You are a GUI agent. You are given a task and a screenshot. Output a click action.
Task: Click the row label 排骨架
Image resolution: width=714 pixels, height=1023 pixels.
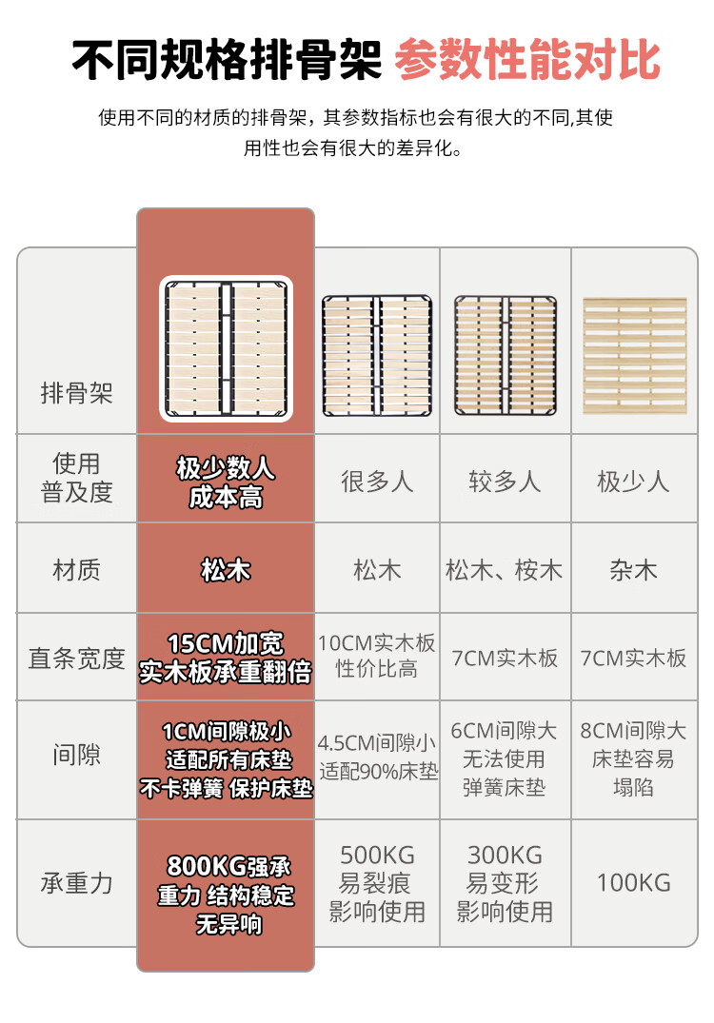76,393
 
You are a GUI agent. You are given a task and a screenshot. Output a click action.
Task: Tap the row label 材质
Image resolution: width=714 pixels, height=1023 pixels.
76,570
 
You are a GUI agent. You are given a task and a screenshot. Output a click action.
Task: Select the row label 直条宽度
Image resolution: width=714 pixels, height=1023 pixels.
76,659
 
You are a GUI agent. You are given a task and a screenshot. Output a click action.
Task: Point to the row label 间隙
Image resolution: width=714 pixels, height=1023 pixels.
76,755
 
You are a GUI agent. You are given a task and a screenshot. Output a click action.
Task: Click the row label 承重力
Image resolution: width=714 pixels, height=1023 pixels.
76,883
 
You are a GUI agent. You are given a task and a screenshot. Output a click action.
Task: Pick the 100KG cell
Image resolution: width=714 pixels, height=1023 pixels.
634,883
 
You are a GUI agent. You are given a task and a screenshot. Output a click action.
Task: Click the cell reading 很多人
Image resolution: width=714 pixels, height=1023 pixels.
377,482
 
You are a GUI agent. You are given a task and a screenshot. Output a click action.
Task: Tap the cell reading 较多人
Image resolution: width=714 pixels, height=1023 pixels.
505,482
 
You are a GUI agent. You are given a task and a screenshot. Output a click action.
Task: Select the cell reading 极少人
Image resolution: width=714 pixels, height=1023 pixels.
633,482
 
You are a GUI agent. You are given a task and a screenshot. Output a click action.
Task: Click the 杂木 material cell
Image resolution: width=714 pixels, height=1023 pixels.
633,570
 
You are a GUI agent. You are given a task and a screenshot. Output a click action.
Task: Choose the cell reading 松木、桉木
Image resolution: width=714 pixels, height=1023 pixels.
504,570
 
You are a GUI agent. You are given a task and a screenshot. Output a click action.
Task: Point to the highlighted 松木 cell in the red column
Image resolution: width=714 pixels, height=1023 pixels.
226,570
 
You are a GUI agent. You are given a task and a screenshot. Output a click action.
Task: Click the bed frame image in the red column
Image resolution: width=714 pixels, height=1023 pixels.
226,348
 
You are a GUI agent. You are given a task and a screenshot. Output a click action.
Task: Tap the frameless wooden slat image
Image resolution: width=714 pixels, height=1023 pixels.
634,356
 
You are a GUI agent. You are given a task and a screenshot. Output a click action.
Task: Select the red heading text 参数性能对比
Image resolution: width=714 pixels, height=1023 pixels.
527,59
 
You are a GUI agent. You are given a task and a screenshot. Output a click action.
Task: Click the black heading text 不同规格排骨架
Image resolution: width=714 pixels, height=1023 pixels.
227,59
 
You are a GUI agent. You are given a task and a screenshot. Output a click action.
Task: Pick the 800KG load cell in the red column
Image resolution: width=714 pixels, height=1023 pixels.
226,895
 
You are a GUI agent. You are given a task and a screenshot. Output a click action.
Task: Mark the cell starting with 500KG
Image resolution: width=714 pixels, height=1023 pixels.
377,883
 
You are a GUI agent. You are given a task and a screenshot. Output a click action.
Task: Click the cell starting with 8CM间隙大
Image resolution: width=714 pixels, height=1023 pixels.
633,758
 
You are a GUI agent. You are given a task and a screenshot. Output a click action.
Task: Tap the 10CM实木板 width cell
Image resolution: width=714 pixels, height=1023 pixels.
377,656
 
